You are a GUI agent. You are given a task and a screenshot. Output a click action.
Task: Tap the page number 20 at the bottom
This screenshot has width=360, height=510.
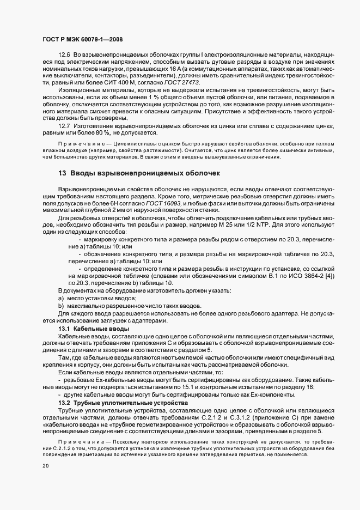(45, 466)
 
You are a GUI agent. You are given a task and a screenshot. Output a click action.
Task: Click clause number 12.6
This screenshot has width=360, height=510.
(64, 56)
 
